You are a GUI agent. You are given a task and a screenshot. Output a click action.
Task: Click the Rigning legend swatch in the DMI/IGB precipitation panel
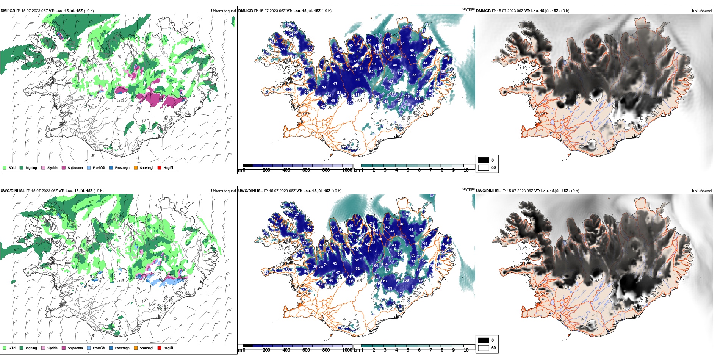[x=22, y=167]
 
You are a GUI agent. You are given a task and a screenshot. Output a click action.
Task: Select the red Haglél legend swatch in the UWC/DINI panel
[x=160, y=348]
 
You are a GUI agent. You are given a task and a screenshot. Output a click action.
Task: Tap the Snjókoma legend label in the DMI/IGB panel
[x=75, y=168]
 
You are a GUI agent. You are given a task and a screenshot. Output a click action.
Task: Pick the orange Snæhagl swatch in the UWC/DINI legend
[x=136, y=348]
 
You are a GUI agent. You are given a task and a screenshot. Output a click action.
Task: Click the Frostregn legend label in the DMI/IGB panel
[x=122, y=168]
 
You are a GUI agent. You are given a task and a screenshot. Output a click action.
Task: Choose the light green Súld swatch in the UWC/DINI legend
[x=5, y=348]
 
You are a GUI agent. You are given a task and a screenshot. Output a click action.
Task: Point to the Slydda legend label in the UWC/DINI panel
[x=52, y=348]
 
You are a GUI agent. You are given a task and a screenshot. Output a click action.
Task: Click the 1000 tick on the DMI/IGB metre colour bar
[x=347, y=170]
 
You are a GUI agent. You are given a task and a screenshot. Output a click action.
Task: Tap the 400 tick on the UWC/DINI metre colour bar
[x=286, y=350]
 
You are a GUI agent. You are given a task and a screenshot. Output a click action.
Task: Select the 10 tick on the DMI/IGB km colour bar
[x=466, y=170]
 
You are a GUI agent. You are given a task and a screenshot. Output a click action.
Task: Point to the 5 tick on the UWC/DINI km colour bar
[x=408, y=350]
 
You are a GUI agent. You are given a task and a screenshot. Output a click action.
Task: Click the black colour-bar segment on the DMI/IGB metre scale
[x=248, y=166]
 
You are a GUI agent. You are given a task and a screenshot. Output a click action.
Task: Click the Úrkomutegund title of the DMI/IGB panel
[x=223, y=11]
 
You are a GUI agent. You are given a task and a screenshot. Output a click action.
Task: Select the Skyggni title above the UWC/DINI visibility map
[x=468, y=189]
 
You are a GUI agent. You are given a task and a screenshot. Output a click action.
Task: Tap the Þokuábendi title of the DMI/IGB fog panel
[x=702, y=11]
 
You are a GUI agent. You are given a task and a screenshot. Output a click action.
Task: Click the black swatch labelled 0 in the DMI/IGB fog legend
[x=484, y=160]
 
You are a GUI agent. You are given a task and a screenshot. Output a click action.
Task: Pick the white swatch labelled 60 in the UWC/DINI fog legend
[x=484, y=347]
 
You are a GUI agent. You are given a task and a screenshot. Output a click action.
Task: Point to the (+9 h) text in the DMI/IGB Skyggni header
[x=326, y=11]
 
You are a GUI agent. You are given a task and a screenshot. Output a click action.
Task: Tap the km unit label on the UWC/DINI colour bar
[x=357, y=350]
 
